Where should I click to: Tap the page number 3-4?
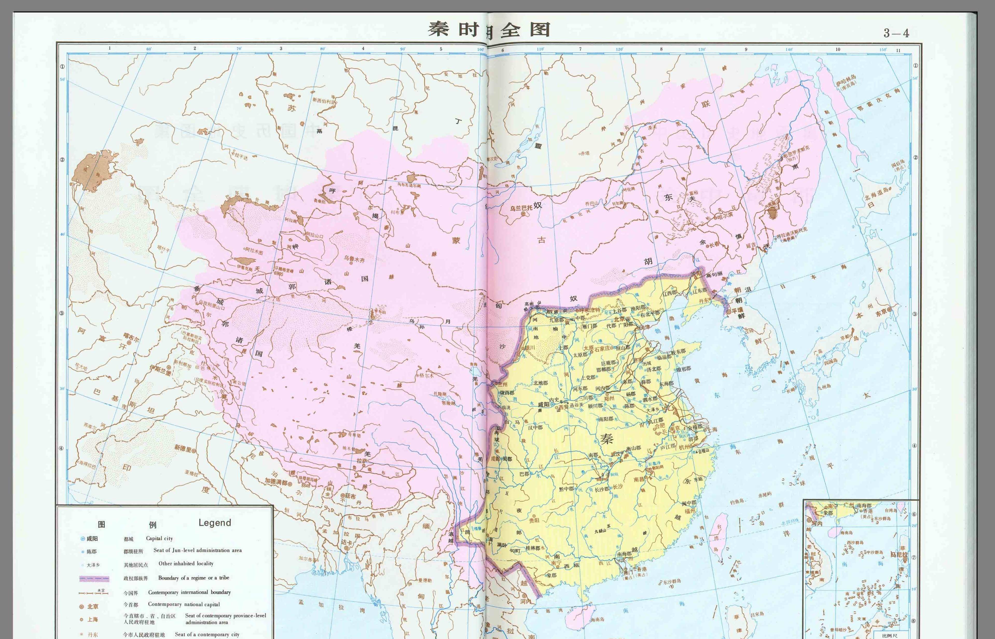pos(896,33)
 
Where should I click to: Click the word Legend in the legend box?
pos(215,523)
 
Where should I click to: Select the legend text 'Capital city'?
pos(159,539)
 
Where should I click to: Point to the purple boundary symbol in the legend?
pos(94,578)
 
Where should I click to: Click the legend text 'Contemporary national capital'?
pos(184,604)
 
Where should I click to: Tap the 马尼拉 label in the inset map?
pos(899,554)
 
